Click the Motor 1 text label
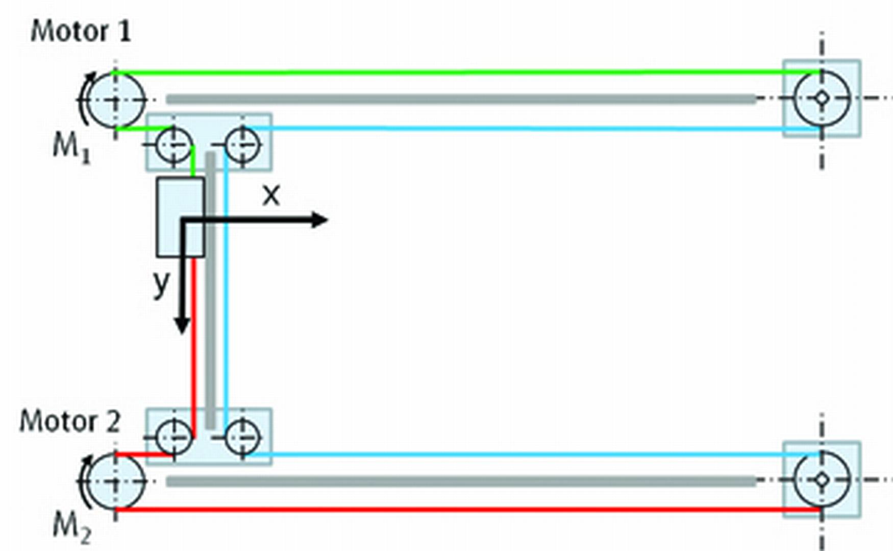[x=81, y=32]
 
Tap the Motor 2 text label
[x=70, y=422]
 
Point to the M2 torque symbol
[x=72, y=528]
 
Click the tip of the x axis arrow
[x=327, y=220]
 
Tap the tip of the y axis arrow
[x=182, y=334]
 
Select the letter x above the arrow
[x=271, y=195]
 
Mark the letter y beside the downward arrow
[x=161, y=284]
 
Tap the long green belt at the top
[x=468, y=73]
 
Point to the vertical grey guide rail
[x=210, y=291]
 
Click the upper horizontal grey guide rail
[x=461, y=99]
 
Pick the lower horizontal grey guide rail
[x=461, y=481]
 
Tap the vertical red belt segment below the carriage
[x=193, y=347]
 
